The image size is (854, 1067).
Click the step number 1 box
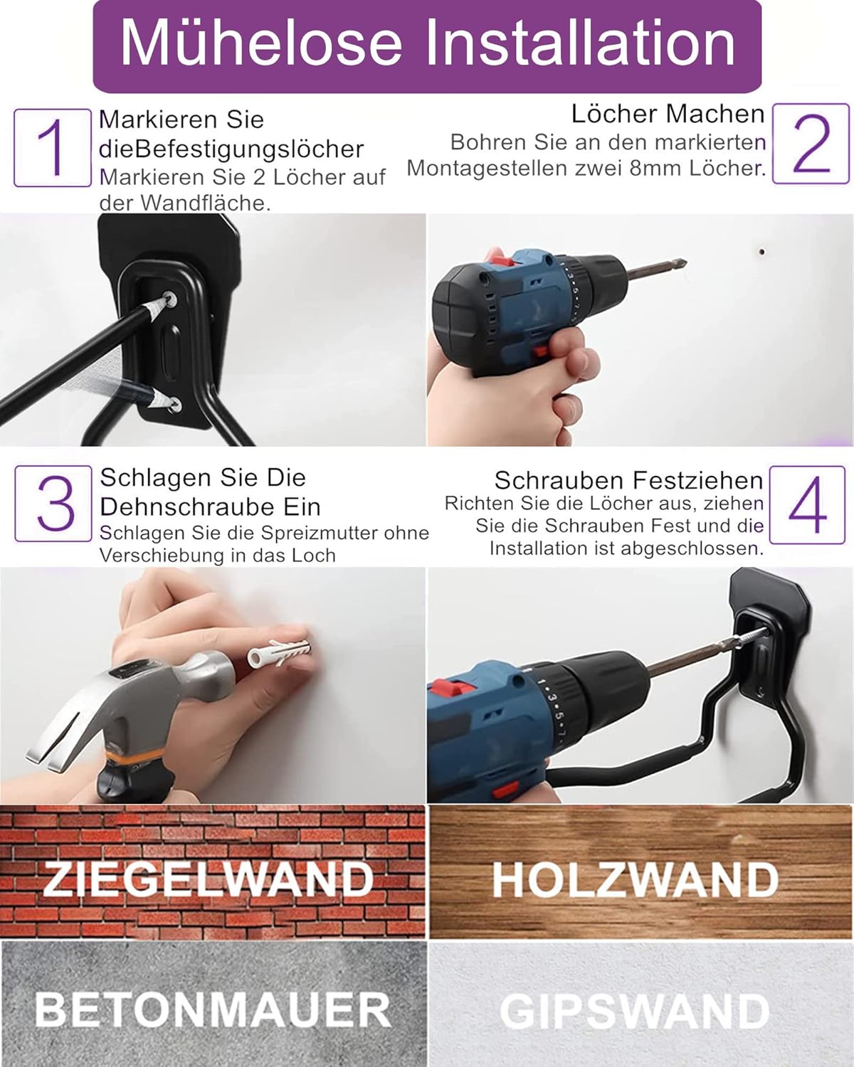(53, 148)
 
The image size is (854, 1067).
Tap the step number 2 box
(811, 144)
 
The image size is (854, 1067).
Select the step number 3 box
(53, 503)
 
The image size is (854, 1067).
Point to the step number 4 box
(807, 505)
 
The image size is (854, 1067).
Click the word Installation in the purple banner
(579, 43)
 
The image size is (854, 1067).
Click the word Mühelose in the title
(261, 43)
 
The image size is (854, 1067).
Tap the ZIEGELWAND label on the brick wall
(209, 879)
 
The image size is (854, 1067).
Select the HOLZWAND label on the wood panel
(636, 880)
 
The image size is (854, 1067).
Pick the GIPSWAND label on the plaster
(636, 1011)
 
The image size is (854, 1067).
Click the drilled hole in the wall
(761, 252)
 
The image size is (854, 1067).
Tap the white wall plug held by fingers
(280, 652)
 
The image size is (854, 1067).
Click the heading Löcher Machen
(668, 114)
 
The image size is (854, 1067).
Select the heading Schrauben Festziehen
(628, 480)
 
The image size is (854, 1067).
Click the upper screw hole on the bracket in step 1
(169, 299)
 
